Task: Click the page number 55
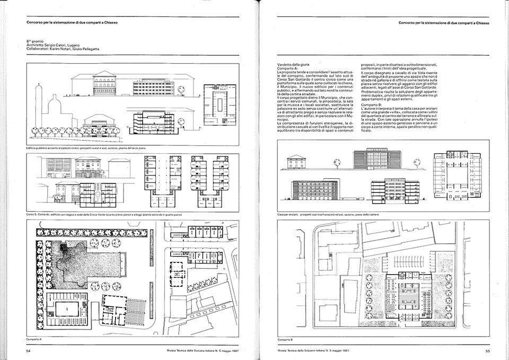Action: click(x=486, y=350)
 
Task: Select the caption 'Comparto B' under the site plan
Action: click(x=285, y=338)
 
